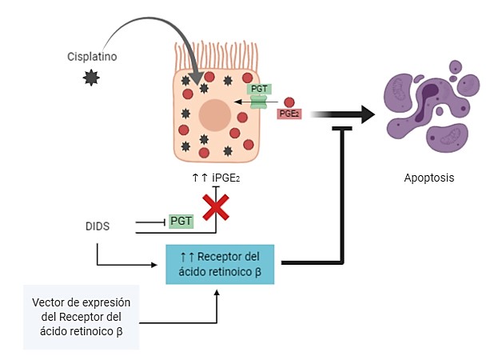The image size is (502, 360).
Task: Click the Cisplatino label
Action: click(x=93, y=56)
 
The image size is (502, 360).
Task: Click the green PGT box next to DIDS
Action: click(x=181, y=221)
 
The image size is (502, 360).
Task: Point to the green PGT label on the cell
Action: click(x=260, y=89)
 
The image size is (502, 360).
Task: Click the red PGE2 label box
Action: click(x=289, y=114)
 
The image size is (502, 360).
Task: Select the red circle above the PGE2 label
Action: click(x=289, y=102)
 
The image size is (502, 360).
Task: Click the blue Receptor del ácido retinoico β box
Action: click(x=220, y=263)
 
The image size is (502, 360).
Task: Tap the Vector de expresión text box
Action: click(x=81, y=316)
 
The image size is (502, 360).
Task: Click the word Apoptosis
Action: click(x=428, y=178)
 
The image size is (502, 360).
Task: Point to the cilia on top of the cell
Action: click(x=215, y=57)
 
